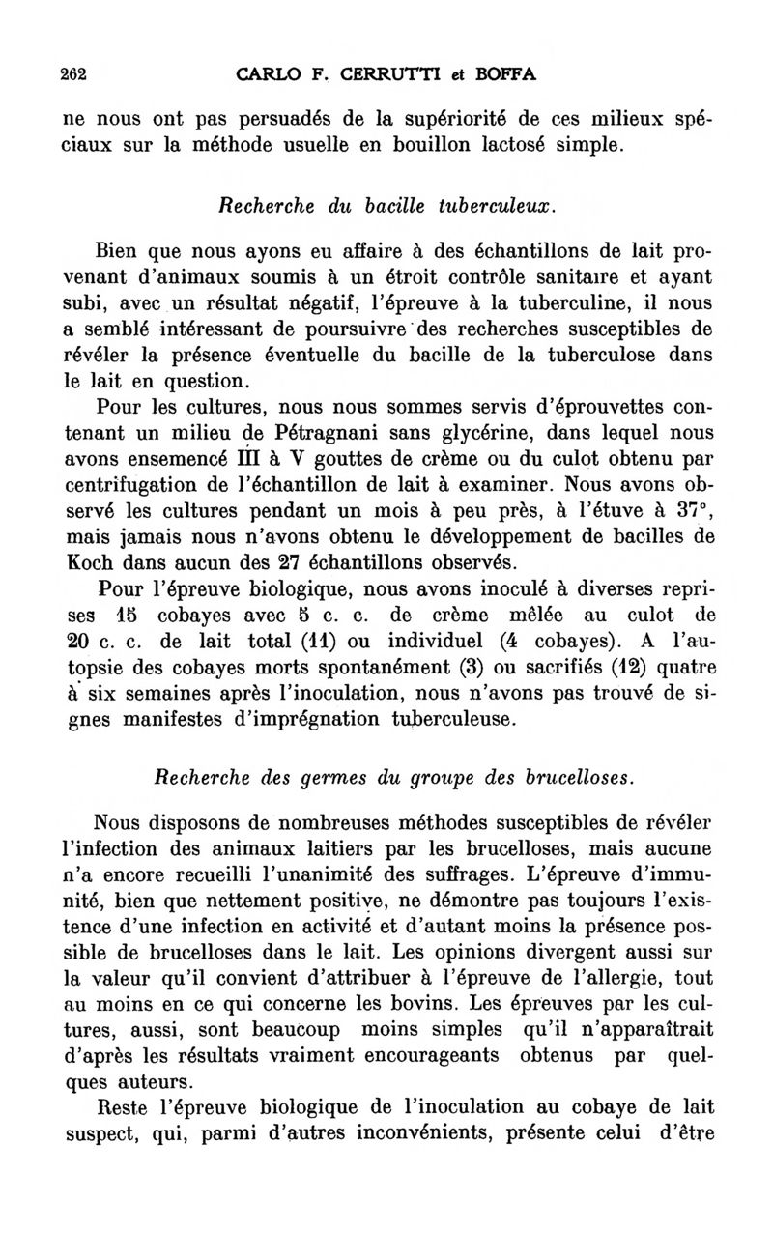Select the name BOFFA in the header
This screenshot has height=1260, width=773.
coord(502,73)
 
